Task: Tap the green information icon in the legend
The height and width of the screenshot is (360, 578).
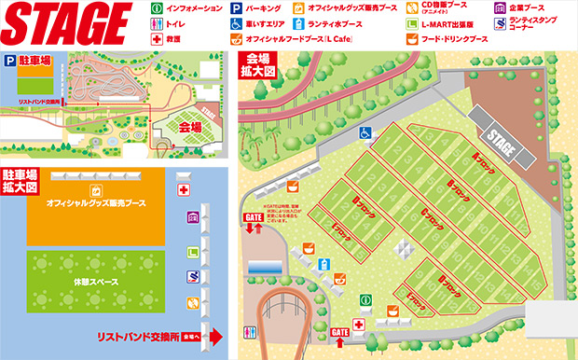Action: (x=156, y=9)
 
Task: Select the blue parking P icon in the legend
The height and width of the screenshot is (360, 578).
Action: (x=237, y=9)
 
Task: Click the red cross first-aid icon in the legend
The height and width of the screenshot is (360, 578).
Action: (x=156, y=40)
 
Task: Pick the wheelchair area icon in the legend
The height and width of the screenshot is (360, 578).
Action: (x=237, y=25)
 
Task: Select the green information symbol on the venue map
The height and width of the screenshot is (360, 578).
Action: (x=366, y=303)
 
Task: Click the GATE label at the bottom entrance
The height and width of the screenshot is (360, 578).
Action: (x=339, y=331)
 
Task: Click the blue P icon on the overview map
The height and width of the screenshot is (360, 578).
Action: (x=10, y=59)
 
